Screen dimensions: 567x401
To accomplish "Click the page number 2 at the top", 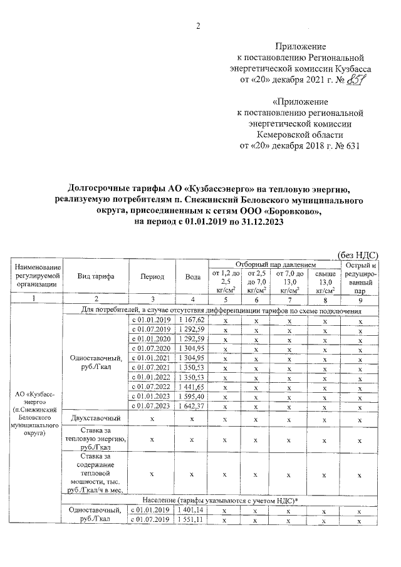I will point(200,26).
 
